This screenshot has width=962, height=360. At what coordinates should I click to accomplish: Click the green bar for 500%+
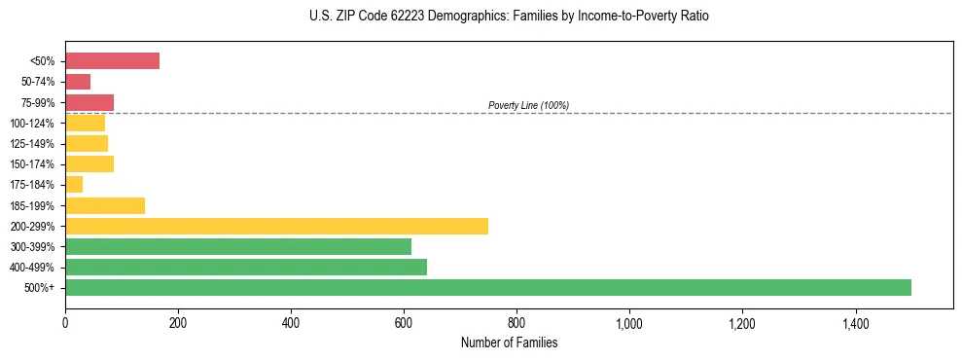pos(487,287)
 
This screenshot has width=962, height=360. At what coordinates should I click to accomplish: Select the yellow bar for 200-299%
pos(276,226)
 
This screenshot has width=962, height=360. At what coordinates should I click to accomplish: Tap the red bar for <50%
pos(112,60)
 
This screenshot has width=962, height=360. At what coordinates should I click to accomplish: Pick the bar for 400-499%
pos(245,267)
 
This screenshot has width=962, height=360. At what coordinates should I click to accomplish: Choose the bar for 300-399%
pos(237,246)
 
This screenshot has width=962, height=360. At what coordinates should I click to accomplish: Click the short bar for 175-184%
pos(74,184)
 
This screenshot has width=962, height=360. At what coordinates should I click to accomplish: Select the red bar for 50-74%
pos(78,82)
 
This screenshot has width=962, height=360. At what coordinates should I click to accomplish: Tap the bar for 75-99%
pos(89,102)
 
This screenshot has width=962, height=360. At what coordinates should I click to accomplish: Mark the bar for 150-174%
pos(89,163)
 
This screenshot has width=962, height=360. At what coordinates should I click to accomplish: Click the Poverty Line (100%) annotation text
pos(528,105)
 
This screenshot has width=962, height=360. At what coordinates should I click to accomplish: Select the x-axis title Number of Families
pos(509,342)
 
